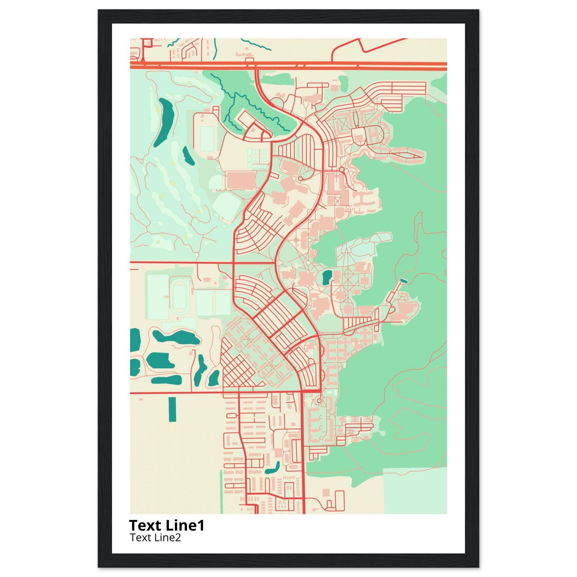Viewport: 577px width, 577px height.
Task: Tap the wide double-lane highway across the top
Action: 329,66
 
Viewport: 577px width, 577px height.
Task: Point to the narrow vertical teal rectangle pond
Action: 172,409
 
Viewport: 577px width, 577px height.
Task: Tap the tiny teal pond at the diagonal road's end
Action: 404,280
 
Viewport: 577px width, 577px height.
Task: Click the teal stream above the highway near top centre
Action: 256,44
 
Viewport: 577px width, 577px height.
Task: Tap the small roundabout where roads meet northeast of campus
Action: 341,170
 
